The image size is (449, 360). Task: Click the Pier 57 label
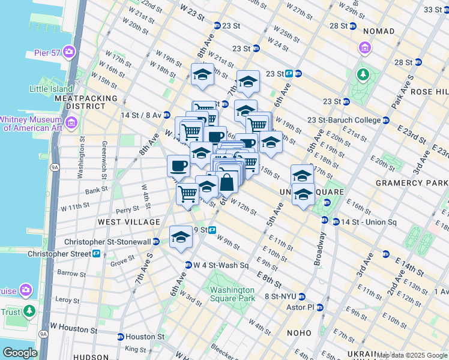coord(47,53)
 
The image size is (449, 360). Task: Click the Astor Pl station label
coord(303,307)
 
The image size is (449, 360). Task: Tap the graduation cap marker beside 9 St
coord(181,237)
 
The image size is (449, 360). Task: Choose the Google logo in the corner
coord(20,353)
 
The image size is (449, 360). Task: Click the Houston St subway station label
coord(144,337)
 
